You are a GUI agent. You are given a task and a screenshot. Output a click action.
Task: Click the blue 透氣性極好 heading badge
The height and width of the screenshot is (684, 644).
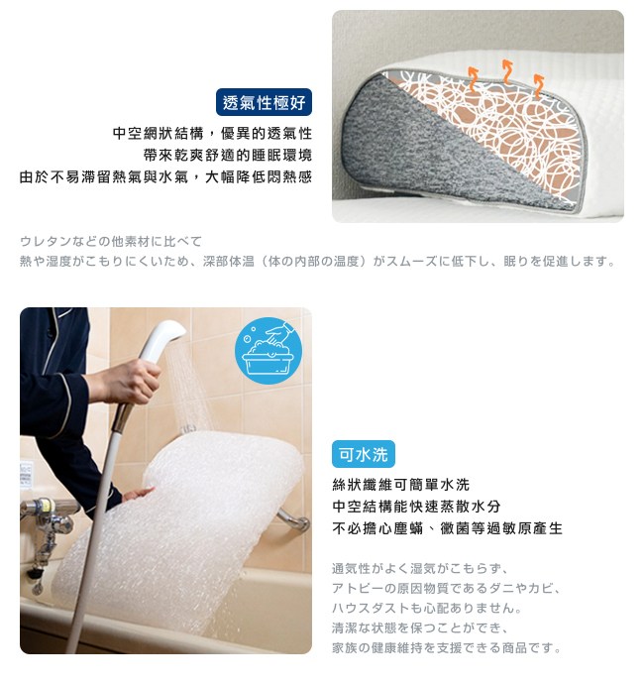pos(264,102)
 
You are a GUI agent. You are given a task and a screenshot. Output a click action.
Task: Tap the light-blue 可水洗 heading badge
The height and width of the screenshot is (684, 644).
pos(364,454)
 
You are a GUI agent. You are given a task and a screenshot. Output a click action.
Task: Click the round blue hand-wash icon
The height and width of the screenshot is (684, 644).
pos(268,350)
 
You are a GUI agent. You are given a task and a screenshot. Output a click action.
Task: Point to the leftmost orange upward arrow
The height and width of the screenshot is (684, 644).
pos(473,79)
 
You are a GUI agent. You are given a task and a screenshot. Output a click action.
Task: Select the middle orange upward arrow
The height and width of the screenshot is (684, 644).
pos(506,71)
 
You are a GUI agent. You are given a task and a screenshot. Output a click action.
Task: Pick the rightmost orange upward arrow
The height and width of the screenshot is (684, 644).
pos(539,85)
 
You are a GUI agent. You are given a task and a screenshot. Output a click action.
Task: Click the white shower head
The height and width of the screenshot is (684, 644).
pos(163,340)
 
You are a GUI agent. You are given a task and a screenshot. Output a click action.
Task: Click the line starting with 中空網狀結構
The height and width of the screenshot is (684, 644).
pos(212,133)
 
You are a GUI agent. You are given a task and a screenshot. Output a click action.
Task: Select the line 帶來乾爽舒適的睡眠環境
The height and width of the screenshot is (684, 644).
pos(228,155)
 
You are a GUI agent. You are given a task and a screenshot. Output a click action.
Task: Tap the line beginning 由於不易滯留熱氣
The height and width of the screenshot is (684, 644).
pos(165,176)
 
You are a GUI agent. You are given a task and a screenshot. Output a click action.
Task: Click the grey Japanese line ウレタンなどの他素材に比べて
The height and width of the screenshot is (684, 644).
pos(111,241)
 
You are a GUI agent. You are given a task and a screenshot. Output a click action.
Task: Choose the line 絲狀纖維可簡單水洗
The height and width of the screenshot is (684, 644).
pos(400,485)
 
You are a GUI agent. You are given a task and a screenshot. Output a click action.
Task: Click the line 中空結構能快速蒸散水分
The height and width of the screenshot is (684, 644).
pos(416,507)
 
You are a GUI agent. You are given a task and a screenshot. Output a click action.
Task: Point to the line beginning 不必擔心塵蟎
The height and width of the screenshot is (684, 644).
pos(448,528)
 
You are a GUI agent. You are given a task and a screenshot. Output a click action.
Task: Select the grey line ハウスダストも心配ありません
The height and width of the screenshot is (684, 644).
pos(427,608)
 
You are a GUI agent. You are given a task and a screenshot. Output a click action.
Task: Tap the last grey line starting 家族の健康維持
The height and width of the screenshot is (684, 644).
pos(447,647)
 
